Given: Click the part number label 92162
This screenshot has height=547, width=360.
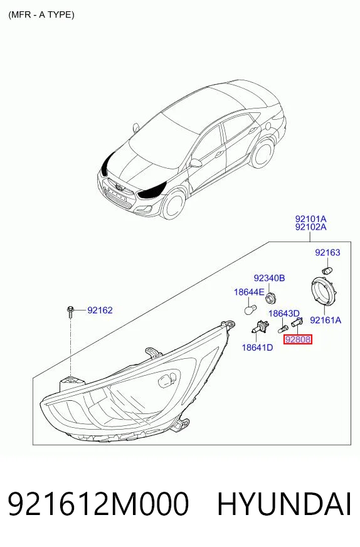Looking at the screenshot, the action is coord(100,310).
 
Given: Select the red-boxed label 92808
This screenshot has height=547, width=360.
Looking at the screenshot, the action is coord(297,339).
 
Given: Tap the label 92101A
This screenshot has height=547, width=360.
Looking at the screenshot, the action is coord(310,219).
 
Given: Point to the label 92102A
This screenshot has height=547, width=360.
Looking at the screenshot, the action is coord(310,227).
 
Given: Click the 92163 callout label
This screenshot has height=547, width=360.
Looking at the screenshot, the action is coord(327,252).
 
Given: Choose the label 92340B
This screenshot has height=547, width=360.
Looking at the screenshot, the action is coord(269,278).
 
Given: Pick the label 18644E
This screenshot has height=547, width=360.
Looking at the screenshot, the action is coord(249,292).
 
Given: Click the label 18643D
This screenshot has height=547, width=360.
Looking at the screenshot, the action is coord(284,313).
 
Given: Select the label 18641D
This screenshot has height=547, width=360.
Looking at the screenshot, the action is coord(257,348).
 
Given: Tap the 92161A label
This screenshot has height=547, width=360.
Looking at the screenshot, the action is coord(326,320).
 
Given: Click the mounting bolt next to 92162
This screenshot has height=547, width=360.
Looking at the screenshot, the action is coord(71,312).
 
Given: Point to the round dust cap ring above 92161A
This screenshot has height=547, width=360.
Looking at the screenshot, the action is coord(324,290).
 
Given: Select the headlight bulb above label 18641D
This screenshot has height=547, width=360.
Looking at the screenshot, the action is coord(260,327).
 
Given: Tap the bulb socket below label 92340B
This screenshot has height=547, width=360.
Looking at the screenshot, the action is coord(270,298).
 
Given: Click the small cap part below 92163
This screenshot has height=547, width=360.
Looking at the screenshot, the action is coord(327,270).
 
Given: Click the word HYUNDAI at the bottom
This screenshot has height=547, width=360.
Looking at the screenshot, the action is coord(284,504).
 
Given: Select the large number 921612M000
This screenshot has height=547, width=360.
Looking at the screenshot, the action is coord(98,504).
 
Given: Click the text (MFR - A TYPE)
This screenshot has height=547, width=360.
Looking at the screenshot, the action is coord(41,14).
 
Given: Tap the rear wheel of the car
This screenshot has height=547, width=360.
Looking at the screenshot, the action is coord(262,153).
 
